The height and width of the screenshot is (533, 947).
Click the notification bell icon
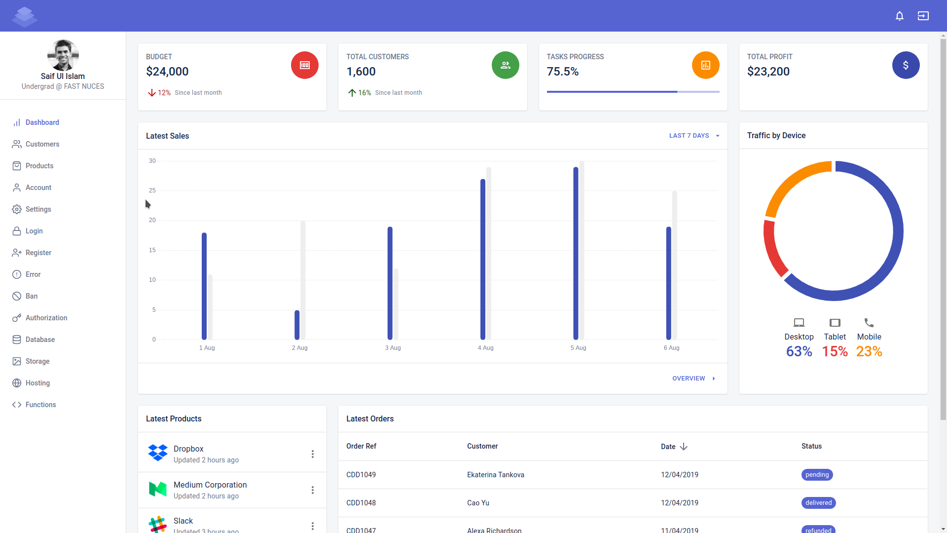coord(899,16)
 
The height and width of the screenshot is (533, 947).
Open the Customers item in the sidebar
coord(42,144)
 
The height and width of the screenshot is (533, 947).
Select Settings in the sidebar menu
coord(38,209)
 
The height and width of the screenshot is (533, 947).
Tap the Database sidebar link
coord(40,340)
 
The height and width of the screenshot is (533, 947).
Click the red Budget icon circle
coord(304,65)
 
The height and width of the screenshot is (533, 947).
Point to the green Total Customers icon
coord(505,65)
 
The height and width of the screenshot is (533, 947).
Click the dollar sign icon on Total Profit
coord(906,65)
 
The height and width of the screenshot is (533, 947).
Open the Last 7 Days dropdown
coord(694,136)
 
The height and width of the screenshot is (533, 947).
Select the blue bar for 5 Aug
coord(576,253)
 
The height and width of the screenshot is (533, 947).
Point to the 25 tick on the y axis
coord(152,190)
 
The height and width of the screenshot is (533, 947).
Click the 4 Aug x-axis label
coord(485,348)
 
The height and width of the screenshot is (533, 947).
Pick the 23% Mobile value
coord(869,351)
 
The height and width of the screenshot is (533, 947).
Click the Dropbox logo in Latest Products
coord(158,453)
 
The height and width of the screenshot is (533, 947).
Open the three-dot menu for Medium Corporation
coord(312,490)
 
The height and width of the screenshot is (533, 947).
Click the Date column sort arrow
coord(684,447)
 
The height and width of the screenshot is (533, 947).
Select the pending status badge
coord(817,475)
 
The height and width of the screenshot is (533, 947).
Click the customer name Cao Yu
coord(478,503)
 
